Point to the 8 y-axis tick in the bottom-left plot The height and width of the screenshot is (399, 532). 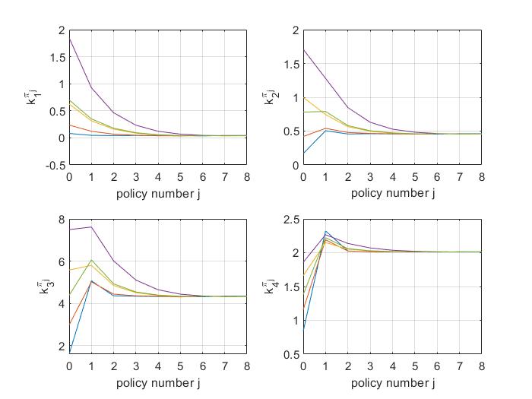(x=62, y=220)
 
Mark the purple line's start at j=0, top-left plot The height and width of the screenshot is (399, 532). (x=68, y=39)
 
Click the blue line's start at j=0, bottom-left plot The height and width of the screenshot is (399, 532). (x=68, y=353)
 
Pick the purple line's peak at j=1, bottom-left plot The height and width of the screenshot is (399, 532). (x=92, y=226)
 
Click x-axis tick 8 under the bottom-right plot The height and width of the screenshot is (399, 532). (x=481, y=366)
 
